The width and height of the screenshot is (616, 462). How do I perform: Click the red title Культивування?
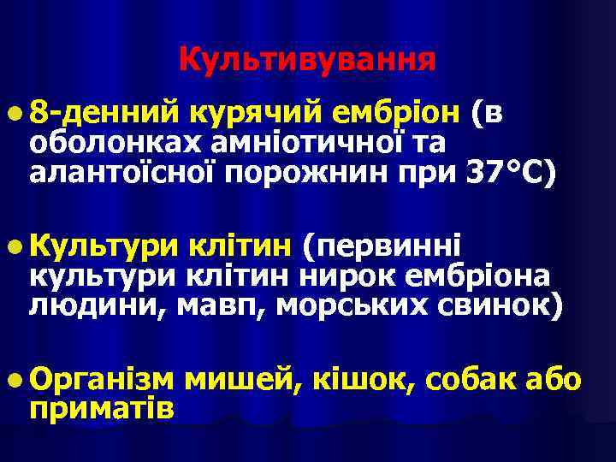[308, 59]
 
